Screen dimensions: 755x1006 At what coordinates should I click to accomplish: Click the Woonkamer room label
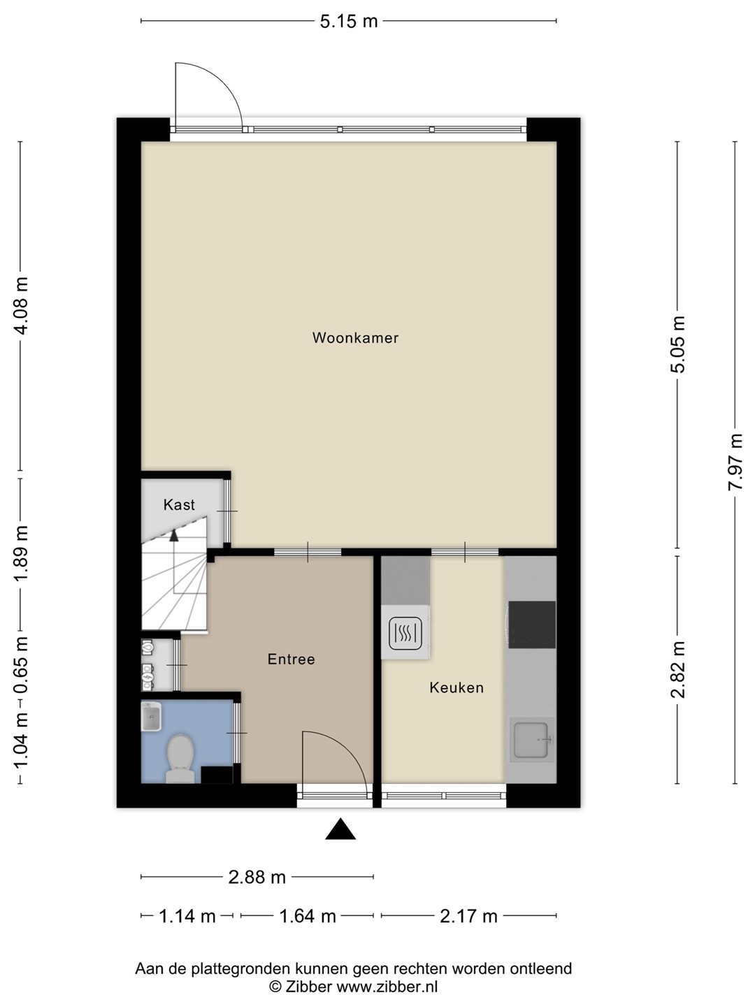pos(355,337)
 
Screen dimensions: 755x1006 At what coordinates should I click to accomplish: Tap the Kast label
pos(179,504)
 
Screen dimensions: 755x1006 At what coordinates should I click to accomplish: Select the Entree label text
pos(291,659)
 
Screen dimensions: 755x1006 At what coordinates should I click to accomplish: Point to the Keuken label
pos(456,687)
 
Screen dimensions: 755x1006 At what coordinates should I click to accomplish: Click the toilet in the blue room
pos(180,758)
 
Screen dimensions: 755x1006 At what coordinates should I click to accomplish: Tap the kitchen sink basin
pos(532,740)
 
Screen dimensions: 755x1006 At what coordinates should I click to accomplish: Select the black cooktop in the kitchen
pos(532,625)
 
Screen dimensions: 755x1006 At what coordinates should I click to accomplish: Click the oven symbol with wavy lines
pos(405,634)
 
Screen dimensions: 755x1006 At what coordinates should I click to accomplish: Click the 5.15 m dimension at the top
pos(349,21)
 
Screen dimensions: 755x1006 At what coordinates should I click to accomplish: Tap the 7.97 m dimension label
pos(734,462)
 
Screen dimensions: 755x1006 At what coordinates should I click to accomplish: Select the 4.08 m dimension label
pos(22,306)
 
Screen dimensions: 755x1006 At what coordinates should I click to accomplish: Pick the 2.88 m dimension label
pos(257,877)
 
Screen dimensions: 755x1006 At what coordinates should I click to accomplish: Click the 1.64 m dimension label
pos(308,916)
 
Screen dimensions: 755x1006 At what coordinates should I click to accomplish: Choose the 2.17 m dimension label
pos(468,916)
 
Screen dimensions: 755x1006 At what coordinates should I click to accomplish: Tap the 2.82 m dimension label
pos(677,669)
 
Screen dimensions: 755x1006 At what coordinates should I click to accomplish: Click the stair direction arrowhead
pos(174,536)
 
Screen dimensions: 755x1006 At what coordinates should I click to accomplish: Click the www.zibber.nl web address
pos(387,986)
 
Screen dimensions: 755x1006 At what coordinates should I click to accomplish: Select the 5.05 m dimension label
pos(677,344)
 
